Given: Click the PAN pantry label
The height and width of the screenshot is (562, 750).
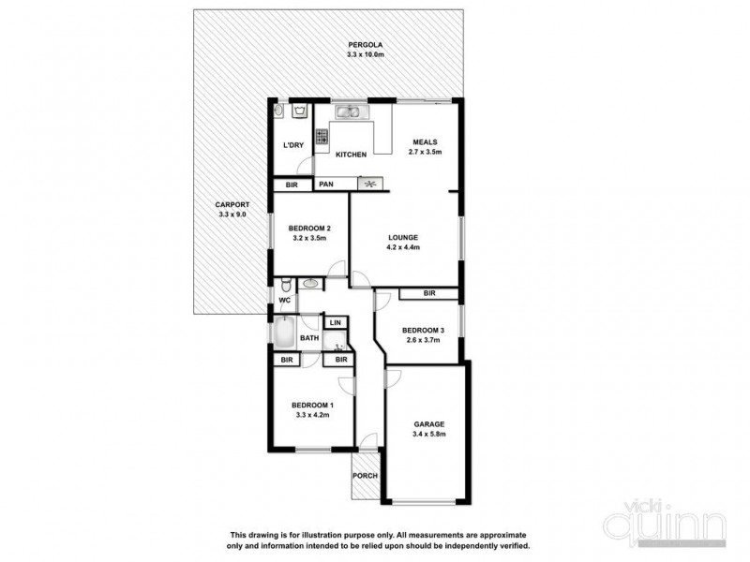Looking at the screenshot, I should tap(326, 185).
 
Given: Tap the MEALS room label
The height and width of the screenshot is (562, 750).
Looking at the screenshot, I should tap(425, 142).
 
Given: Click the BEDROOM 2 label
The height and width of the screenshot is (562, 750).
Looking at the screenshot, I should tap(307, 228).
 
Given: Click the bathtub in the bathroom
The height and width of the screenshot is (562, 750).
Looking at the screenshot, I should tap(282, 333).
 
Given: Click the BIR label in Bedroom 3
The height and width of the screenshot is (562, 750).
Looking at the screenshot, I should tap(428, 294).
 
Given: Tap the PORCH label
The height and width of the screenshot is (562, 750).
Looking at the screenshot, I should tap(365, 476).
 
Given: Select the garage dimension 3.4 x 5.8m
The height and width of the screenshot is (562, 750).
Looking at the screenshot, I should tap(429, 434).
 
